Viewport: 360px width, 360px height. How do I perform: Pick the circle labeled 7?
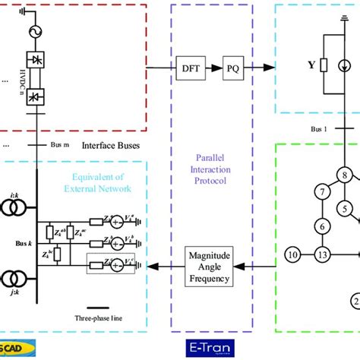[x=322, y=191]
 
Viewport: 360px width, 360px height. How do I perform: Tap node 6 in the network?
[x=322, y=226]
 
